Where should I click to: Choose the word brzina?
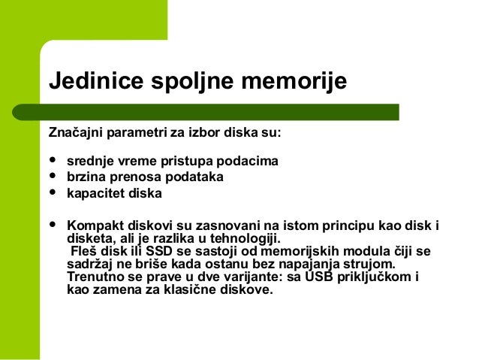[x=85, y=177]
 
